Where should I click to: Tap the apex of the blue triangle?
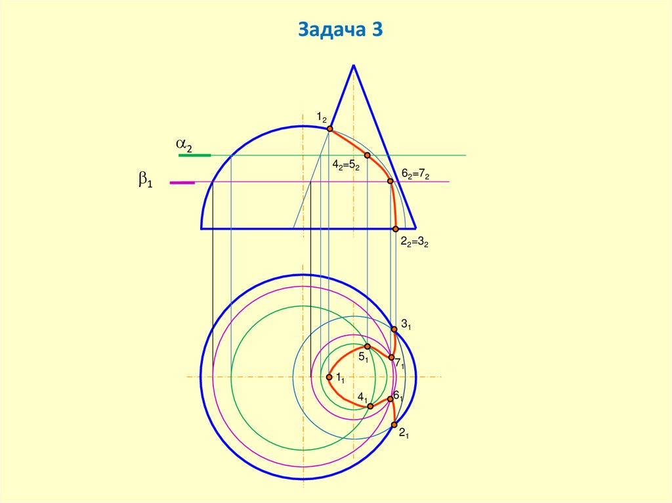tap(354, 65)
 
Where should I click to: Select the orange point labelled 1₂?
tap(330, 129)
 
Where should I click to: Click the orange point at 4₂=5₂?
tap(367, 155)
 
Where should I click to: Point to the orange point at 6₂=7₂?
tap(390, 182)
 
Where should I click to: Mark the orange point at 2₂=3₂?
tap(395, 229)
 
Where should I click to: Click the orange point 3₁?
tap(394, 329)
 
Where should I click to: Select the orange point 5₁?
tap(367, 346)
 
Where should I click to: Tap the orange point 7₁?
tap(391, 357)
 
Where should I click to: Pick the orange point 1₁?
tap(329, 377)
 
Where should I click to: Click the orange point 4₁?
tap(370, 407)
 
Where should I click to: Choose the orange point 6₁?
tap(390, 399)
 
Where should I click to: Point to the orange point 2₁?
tap(394, 425)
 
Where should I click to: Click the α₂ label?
tap(183, 145)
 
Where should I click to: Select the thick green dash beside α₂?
tap(195, 155)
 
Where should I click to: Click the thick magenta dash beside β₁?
tap(182, 182)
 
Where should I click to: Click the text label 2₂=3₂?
tap(414, 242)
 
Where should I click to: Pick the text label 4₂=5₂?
tap(345, 165)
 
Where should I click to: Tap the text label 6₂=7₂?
tap(415, 174)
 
